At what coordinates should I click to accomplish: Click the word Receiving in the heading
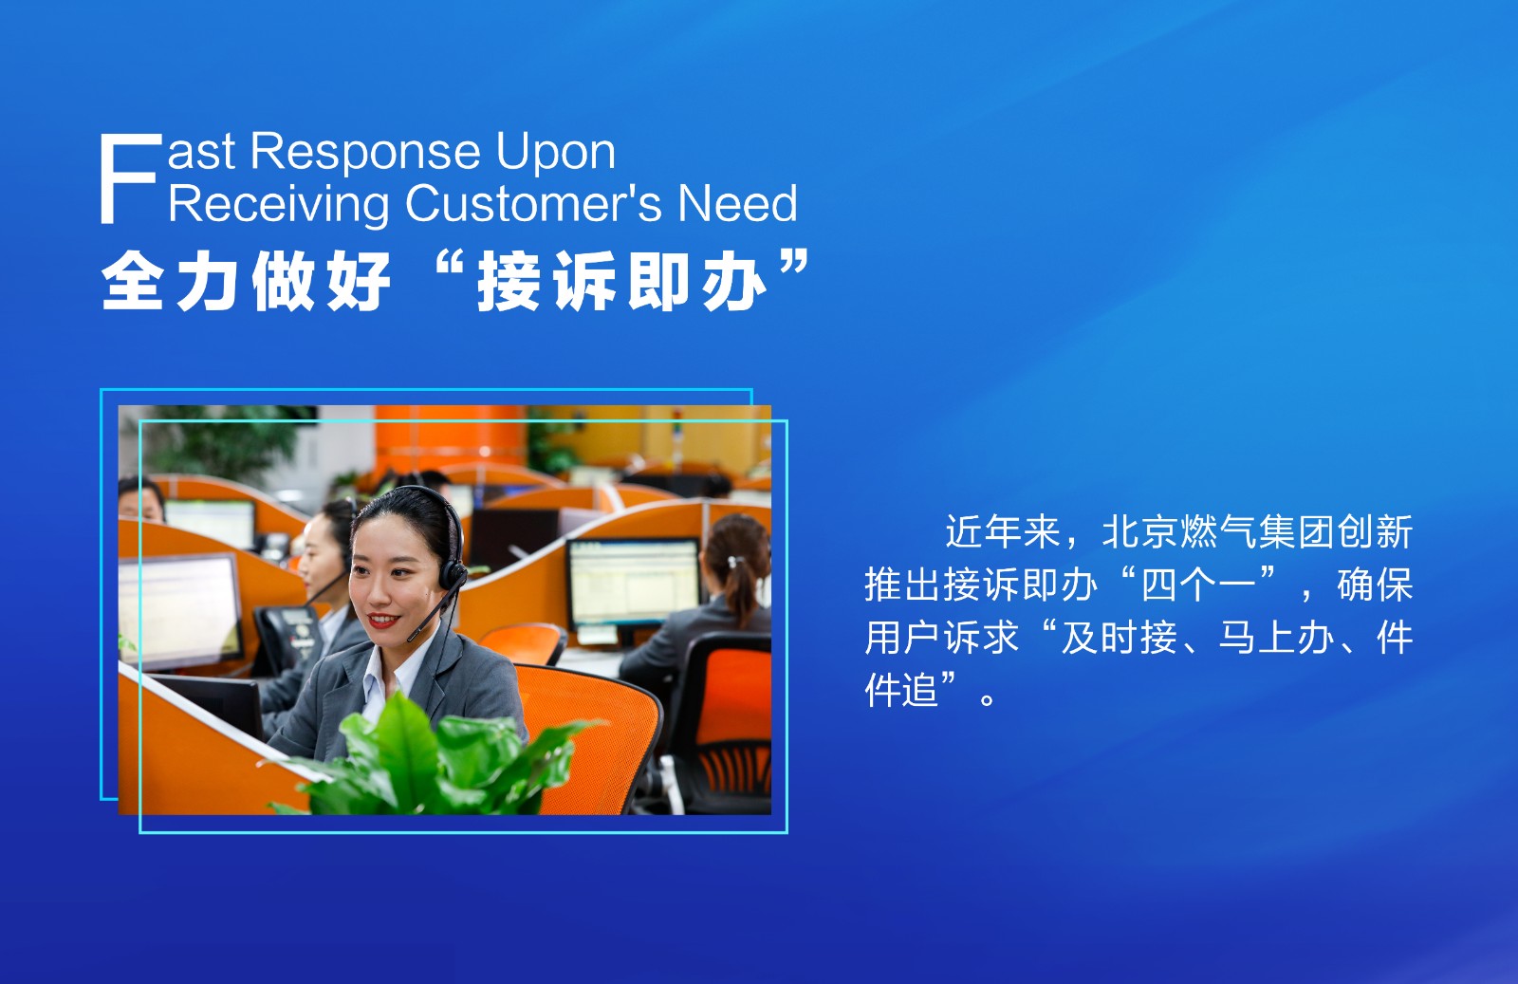point(279,204)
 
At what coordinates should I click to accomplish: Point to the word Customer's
point(533,203)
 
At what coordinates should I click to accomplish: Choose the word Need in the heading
point(738,203)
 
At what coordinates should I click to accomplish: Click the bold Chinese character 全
point(132,281)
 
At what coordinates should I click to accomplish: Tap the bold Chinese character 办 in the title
point(734,281)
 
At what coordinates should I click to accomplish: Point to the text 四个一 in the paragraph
point(1199,585)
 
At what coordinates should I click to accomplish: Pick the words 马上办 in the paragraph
point(1277,638)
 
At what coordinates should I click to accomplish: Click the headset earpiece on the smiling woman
point(452,575)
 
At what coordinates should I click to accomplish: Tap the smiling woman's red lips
point(383,620)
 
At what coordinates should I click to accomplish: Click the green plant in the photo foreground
point(434,759)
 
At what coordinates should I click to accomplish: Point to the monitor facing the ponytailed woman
point(633,585)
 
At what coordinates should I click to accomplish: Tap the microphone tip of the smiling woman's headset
point(412,638)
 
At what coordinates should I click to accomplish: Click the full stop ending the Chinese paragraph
point(988,698)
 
